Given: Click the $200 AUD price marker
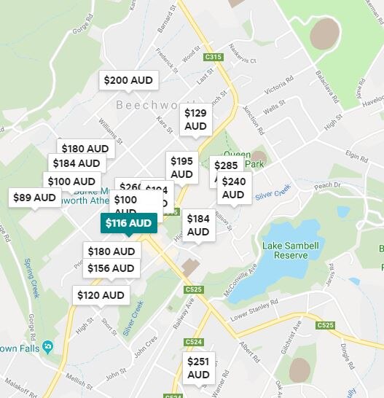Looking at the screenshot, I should (x=128, y=80).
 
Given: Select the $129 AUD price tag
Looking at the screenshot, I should (x=195, y=119).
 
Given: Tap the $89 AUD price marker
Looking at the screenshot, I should (x=34, y=198).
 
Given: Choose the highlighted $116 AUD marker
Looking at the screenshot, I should (x=128, y=223).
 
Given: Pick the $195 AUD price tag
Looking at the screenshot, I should (x=182, y=168).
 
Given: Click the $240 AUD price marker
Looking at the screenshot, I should (x=233, y=187).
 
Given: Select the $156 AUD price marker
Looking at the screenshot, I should (x=111, y=268).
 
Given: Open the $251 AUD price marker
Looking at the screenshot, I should (x=198, y=368).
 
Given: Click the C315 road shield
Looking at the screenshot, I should (x=213, y=56).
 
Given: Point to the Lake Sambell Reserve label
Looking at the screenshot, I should (x=290, y=250).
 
